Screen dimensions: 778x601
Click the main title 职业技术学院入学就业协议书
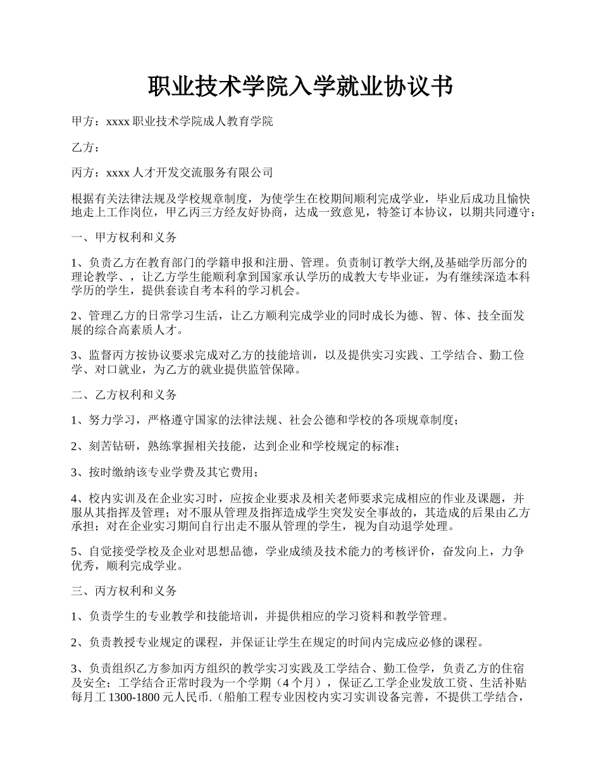point(300,87)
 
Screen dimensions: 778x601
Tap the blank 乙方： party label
point(85,147)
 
